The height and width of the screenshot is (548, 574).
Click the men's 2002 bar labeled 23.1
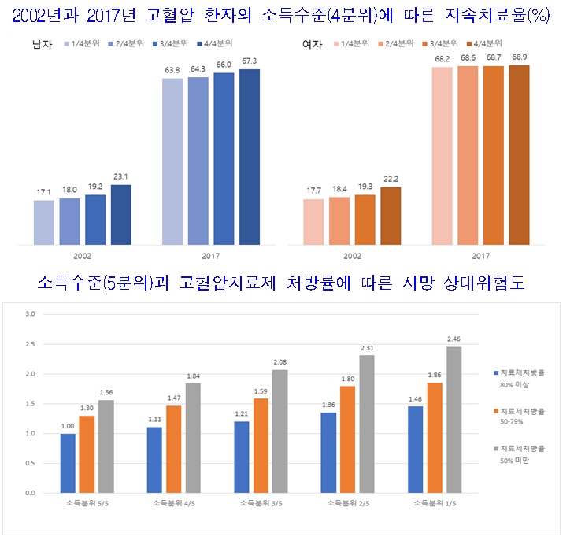point(120,214)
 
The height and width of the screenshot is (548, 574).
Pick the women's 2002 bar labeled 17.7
point(313,221)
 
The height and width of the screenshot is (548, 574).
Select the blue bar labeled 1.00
point(69,463)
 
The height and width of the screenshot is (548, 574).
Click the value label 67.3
point(249,60)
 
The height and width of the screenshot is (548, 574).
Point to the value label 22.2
point(391,179)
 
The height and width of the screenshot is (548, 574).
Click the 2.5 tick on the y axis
point(30,344)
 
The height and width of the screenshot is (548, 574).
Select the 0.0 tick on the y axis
point(30,493)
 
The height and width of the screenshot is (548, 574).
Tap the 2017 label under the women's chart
point(480,257)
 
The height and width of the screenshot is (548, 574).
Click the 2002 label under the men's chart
point(83,257)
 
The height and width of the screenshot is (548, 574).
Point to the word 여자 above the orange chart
point(311,44)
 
